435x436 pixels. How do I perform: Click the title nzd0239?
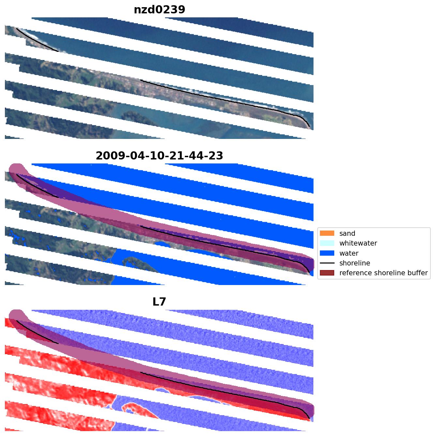(x=159, y=10)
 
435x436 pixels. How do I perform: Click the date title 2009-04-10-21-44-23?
(x=159, y=156)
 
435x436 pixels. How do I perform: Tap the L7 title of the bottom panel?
(x=159, y=302)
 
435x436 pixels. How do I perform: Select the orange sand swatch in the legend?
(x=327, y=233)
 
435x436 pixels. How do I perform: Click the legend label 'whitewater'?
(x=358, y=243)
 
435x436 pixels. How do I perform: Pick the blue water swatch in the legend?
(x=327, y=253)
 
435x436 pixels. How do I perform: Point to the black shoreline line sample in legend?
(x=327, y=263)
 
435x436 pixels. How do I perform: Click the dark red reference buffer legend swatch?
(x=327, y=273)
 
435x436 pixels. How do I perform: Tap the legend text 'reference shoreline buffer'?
(x=383, y=273)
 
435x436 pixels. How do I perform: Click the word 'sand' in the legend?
(x=347, y=233)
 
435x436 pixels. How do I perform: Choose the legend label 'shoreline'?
(x=355, y=263)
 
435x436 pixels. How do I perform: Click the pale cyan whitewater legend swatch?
(x=327, y=243)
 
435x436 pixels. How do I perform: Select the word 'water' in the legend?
(x=349, y=253)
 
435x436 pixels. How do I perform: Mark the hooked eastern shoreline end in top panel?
(x=307, y=122)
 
